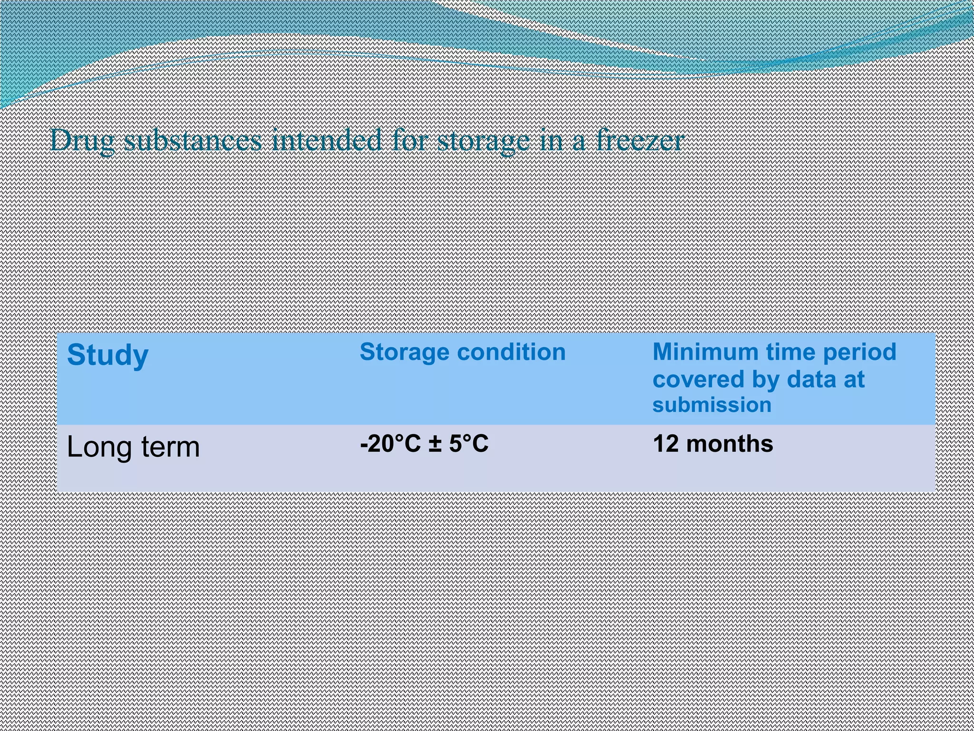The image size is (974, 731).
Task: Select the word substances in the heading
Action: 193,141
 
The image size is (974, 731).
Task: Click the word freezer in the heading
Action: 640,141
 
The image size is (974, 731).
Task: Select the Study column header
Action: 108,356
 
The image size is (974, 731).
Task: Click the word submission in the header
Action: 711,405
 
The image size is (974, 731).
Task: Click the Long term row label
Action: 133,447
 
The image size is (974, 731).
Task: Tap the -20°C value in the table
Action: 390,444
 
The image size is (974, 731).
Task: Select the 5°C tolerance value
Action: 468,444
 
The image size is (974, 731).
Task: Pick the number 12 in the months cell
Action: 665,444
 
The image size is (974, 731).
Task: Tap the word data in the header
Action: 808,380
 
